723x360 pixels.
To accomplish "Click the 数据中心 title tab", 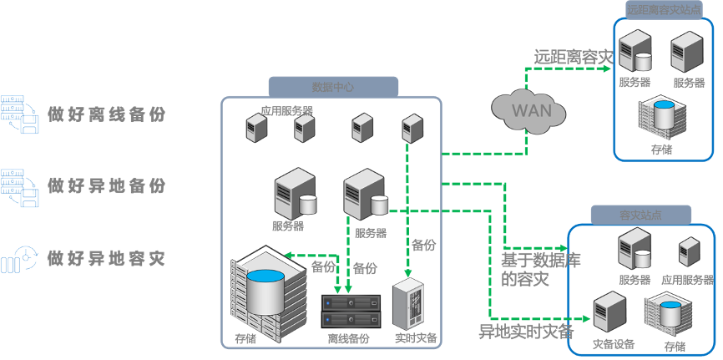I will click(x=332, y=86).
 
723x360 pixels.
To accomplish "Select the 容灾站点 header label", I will click(x=640, y=215).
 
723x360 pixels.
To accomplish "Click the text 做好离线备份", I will click(x=106, y=114).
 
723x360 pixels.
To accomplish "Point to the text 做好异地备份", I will click(x=106, y=185).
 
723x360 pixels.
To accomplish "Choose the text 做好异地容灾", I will click(x=106, y=258).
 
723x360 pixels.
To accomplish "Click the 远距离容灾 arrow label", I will click(x=574, y=57).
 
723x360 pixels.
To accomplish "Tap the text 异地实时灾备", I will click(x=525, y=330).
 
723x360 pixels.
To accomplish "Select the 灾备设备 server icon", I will click(x=609, y=312).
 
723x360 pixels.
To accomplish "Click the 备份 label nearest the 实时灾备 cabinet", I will click(x=424, y=245).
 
